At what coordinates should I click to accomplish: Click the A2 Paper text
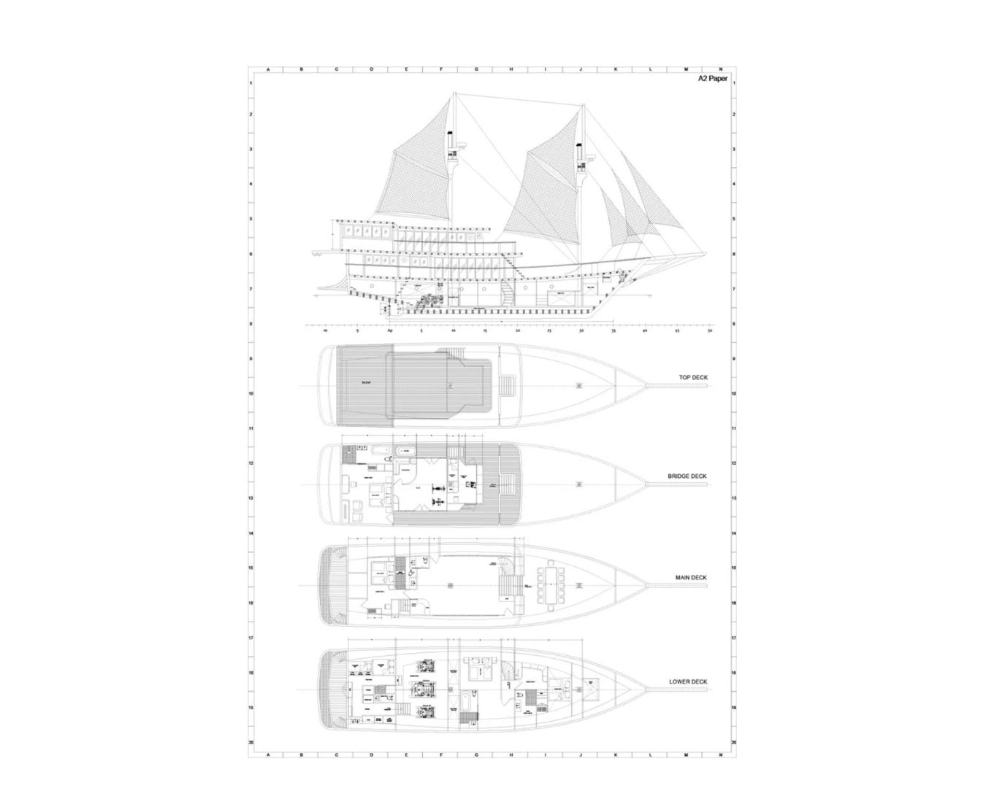click(x=712, y=78)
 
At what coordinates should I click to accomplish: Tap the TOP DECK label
click(x=692, y=378)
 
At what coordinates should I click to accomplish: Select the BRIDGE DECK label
click(x=687, y=476)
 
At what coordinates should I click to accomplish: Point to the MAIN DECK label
click(x=691, y=578)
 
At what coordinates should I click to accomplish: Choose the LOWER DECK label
click(x=688, y=682)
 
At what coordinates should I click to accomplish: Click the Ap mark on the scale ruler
click(x=390, y=331)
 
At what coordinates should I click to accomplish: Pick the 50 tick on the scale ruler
click(x=710, y=331)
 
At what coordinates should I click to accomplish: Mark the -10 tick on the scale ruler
click(x=325, y=331)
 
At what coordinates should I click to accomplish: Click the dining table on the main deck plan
click(x=551, y=585)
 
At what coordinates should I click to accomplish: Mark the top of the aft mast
click(x=454, y=93)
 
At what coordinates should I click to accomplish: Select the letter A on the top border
click(x=268, y=70)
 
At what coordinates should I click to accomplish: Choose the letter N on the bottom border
click(x=720, y=754)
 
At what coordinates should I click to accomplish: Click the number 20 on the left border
click(x=251, y=742)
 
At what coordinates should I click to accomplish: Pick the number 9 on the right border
click(x=733, y=358)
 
